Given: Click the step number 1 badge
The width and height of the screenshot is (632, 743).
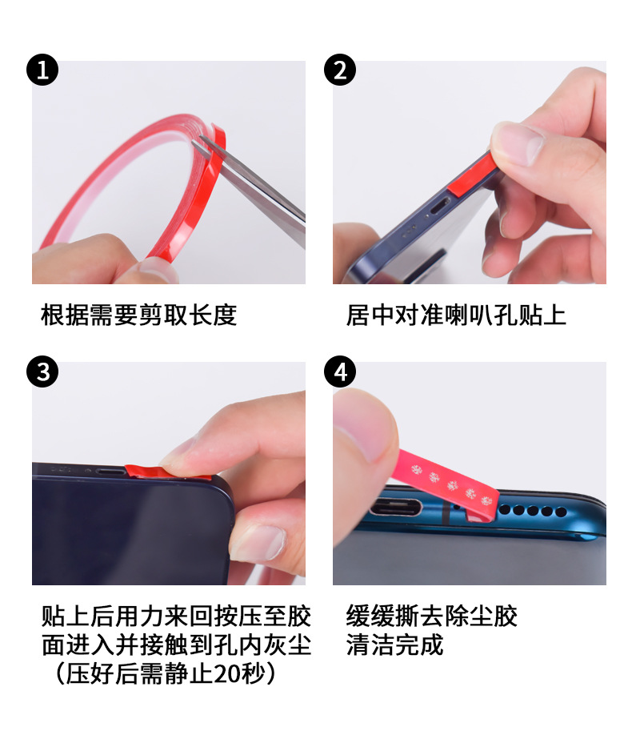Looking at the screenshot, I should [43, 70].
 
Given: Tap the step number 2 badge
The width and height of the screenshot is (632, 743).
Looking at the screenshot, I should [340, 70].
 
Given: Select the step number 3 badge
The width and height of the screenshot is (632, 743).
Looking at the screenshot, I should [43, 372].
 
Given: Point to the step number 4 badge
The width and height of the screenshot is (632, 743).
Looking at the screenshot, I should [340, 372].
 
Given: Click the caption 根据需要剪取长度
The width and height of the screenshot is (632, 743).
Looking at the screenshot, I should [139, 315].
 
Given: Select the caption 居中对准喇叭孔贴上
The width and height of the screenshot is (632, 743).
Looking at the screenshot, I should [456, 315].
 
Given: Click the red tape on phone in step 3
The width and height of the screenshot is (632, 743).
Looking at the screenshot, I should [144, 471].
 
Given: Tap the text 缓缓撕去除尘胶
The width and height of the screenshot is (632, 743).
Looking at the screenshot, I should [432, 616].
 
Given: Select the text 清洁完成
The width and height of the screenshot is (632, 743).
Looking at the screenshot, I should [394, 645].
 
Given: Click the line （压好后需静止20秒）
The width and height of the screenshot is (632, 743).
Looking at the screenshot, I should [168, 673].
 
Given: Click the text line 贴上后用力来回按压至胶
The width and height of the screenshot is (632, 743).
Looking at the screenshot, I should [176, 616].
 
